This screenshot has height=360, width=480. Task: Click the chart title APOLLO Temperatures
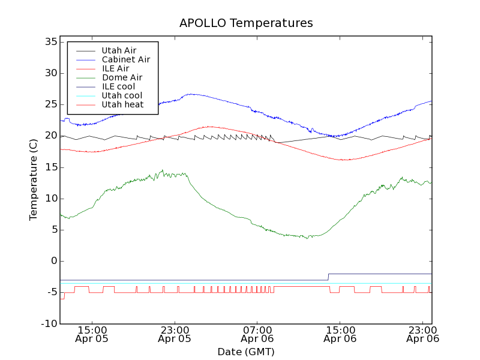pos(246,23)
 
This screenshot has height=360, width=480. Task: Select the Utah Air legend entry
pos(119,50)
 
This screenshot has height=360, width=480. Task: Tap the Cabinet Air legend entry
pos(125,59)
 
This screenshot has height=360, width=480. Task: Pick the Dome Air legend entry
pos(122,77)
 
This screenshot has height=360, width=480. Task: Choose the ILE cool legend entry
pos(118,86)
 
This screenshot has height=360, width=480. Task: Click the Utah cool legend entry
pos(122,95)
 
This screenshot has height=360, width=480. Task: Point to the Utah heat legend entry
pos(122,104)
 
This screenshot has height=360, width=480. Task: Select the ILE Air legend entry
pos(115,68)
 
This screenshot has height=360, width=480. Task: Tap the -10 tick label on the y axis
pos(49,324)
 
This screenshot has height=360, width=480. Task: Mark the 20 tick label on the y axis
pos(50,136)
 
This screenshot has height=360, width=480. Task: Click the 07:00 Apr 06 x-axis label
pos(257,334)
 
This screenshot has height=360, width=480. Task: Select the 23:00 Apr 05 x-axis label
pos(175,334)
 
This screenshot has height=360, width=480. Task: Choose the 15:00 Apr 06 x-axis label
pos(340,334)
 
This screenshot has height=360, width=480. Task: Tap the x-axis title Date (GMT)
pos(246,352)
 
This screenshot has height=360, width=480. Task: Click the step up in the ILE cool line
pos(328,277)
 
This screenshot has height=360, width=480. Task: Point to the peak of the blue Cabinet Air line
pos(191,94)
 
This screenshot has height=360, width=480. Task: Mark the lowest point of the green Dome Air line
pos(308,238)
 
